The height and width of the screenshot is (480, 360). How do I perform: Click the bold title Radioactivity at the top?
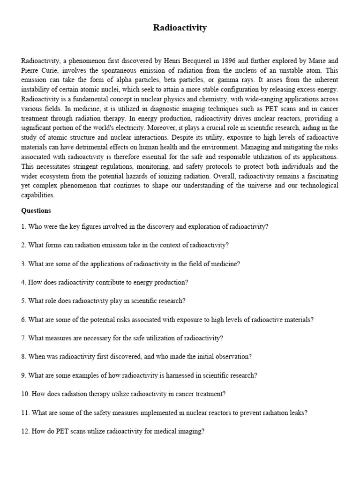coord(180,28)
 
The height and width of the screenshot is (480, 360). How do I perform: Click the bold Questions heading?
coord(36,210)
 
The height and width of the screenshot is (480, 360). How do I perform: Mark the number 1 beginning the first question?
coord(23,226)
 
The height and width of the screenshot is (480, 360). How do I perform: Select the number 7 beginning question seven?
coord(23,338)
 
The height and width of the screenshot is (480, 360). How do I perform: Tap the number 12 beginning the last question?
coord(25,431)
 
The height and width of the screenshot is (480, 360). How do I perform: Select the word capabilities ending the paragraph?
coord(37,195)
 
